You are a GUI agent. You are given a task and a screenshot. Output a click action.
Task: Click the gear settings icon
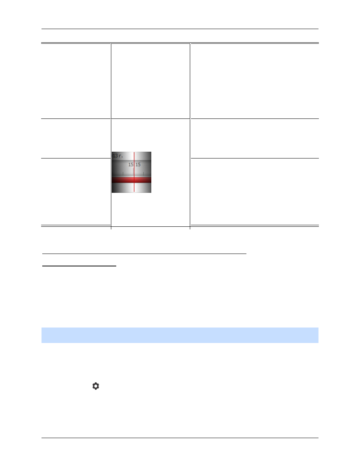[x=95, y=386]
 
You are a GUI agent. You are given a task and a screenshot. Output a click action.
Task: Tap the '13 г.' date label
[x=118, y=156]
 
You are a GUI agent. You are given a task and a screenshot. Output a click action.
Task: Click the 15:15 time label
[x=134, y=165]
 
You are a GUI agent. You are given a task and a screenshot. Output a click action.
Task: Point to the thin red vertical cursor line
[x=134, y=172]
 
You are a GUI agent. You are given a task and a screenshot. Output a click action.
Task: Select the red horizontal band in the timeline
[x=131, y=180]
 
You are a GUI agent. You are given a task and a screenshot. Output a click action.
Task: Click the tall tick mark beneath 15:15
[x=133, y=172]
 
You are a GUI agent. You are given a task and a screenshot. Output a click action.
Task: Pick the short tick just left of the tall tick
[x=123, y=174]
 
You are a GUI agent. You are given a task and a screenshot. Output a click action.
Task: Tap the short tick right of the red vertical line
[x=143, y=174]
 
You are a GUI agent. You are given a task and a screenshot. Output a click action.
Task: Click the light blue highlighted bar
[x=180, y=335]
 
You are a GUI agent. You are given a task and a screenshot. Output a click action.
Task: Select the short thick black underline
[x=79, y=266]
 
